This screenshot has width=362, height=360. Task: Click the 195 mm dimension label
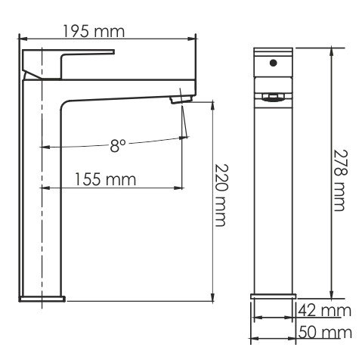tap(94, 32)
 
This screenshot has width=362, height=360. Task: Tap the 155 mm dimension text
tap(106, 179)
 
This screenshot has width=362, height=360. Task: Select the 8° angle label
tap(118, 146)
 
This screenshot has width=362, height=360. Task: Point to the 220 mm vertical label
tap(221, 195)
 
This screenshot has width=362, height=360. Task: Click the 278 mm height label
tap(340, 180)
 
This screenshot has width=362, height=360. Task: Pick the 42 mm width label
tap(325, 311)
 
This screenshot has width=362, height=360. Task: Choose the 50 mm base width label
tap(325, 332)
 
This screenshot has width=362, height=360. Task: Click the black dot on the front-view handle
tap(273, 63)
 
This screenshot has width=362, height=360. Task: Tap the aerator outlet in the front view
tap(273, 98)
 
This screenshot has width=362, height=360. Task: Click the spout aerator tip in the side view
tap(181, 99)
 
